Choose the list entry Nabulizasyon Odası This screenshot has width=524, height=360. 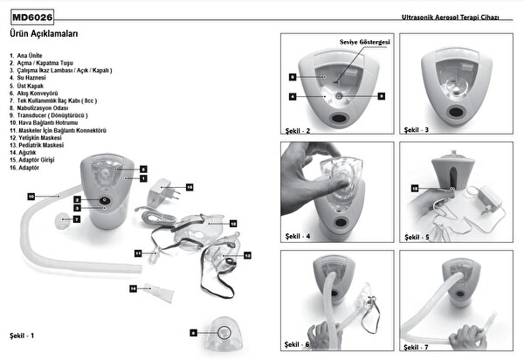click(x=44, y=108)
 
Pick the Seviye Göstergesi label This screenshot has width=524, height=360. click(x=364, y=42)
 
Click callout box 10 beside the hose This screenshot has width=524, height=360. click(x=31, y=197)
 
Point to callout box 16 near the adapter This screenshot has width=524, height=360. click(x=189, y=187)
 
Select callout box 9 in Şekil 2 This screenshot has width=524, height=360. click(x=381, y=94)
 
